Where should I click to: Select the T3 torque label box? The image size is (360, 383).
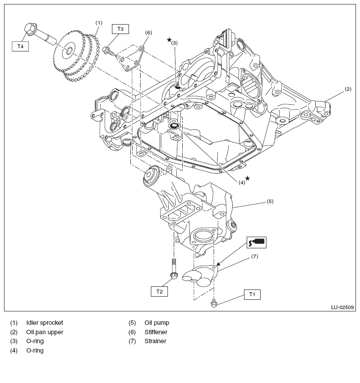120,29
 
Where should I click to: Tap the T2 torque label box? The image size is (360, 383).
159,291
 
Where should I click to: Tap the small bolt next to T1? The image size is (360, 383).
214,304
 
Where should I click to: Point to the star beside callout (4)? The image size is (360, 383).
247,178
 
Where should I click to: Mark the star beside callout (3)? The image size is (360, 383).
169,40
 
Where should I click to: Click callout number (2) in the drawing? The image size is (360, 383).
347,89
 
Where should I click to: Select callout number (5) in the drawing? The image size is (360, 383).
270,201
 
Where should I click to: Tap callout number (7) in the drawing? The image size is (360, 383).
254,256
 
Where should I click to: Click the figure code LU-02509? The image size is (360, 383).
343,307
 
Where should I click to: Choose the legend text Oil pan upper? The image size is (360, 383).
45,332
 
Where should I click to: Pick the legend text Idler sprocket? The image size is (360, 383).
45,323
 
